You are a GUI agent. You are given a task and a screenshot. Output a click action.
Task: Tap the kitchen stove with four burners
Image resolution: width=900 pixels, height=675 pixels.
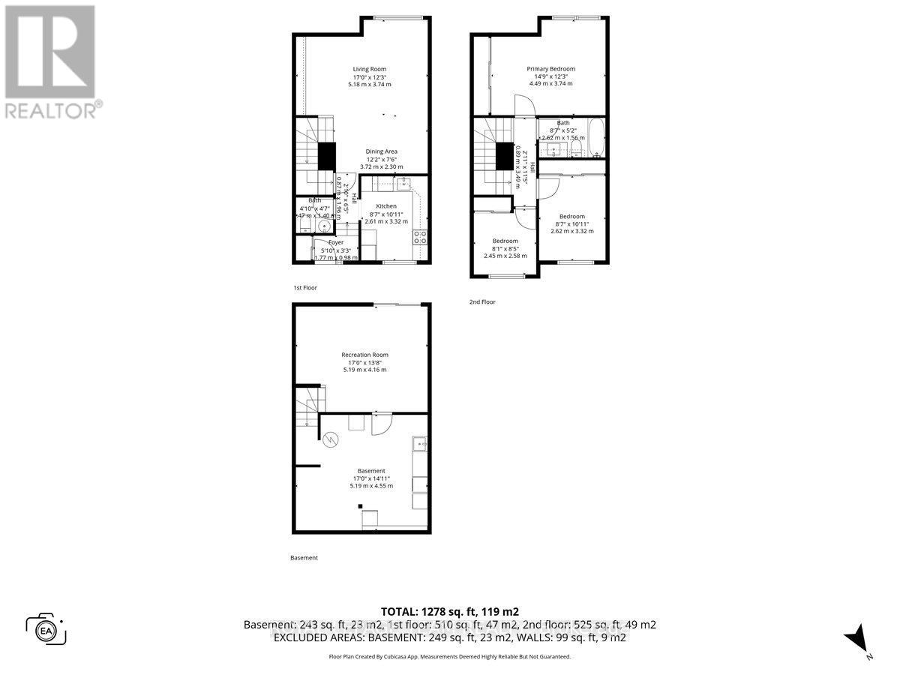(420, 238)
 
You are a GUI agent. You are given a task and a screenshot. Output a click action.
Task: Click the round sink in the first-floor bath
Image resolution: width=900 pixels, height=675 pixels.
(325, 225)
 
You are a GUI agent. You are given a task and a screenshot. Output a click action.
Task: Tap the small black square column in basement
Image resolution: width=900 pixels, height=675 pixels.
(359, 505)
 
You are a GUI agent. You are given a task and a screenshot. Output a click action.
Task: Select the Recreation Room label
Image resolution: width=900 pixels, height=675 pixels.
(364, 355)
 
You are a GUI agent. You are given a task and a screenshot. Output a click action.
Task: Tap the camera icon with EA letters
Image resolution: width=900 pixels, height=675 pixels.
(46, 628)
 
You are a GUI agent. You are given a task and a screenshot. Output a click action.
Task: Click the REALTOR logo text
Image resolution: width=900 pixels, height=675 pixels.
(50, 111)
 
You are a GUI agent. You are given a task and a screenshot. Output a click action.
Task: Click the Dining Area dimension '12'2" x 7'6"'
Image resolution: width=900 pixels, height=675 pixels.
(381, 159)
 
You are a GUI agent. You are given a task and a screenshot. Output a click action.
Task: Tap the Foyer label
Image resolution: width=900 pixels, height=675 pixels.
(336, 242)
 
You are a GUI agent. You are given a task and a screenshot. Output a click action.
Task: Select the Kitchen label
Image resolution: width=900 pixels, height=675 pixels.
(386, 206)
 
